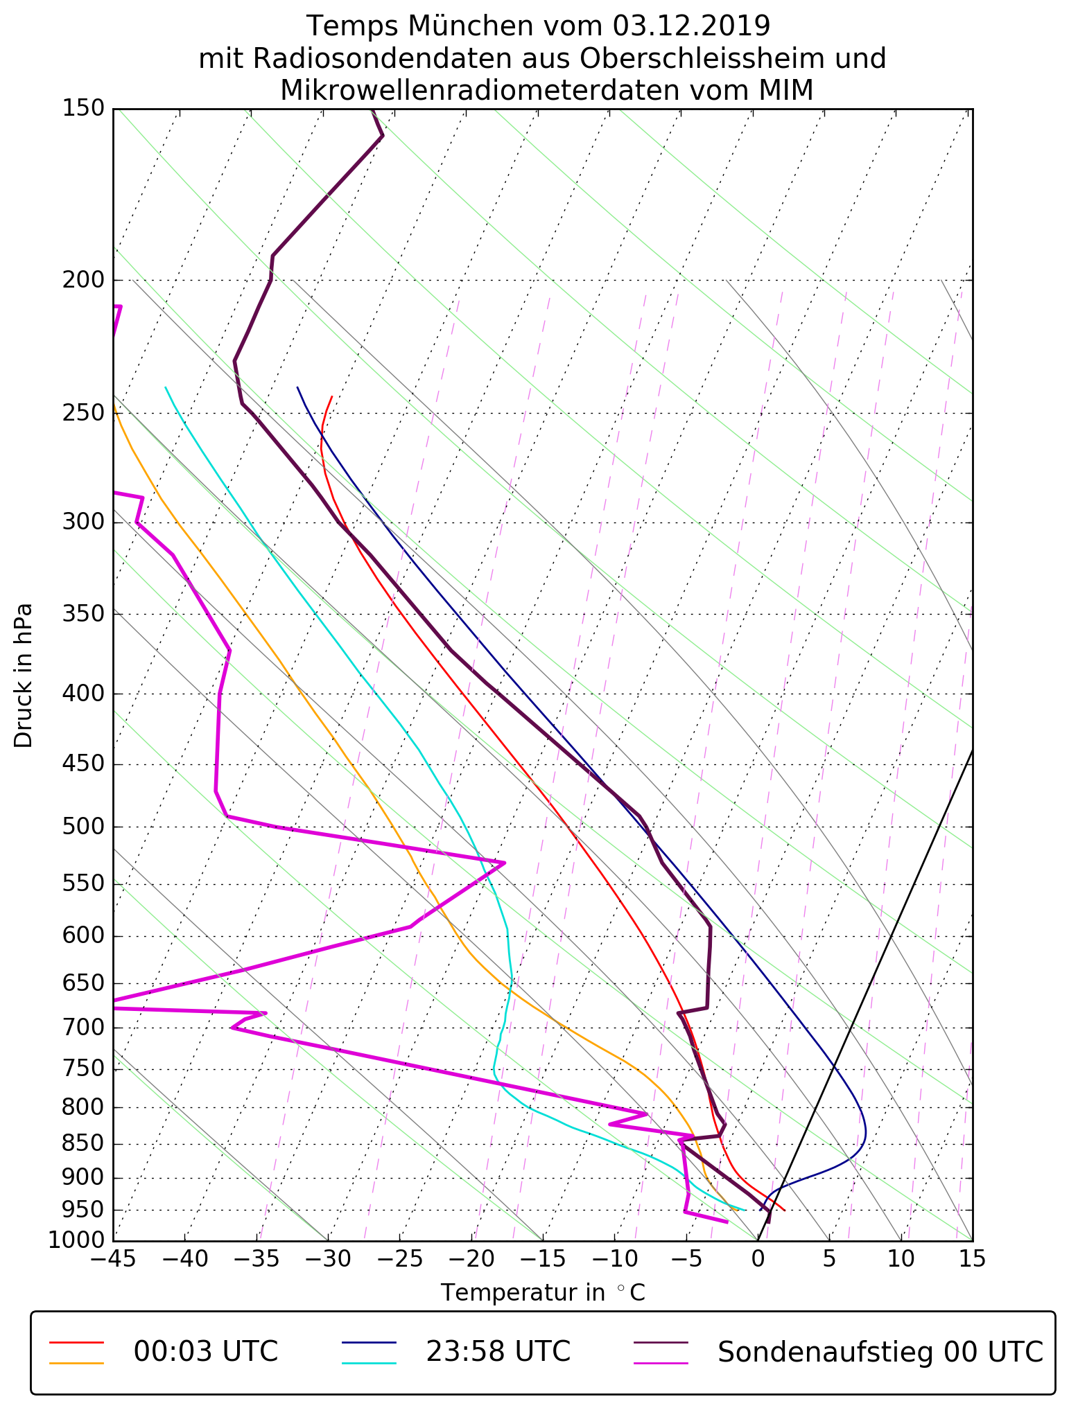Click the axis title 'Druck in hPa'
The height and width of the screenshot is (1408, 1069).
click(24, 676)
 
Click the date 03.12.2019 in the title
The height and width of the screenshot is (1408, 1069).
click(691, 26)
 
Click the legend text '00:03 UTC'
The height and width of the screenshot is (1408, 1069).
click(205, 1351)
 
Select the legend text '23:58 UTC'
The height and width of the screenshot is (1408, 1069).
click(498, 1351)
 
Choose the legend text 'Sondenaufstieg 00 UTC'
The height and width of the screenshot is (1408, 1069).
click(880, 1351)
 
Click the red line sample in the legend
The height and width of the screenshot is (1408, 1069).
click(76, 1342)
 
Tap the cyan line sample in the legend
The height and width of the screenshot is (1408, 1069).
click(369, 1362)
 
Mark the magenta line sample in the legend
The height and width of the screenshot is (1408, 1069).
click(661, 1362)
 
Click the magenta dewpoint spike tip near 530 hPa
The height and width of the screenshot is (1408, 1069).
click(504, 863)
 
